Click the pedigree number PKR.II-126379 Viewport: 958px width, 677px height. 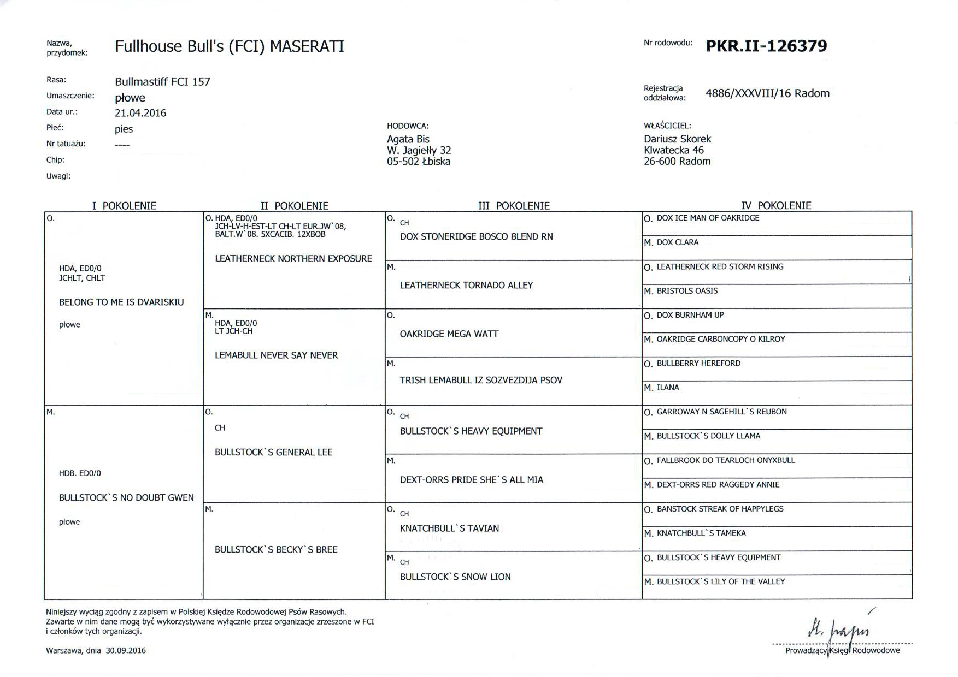766,46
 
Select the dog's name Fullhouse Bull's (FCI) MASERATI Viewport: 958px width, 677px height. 230,46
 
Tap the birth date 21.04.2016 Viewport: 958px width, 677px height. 140,113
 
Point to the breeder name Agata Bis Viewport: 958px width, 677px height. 408,139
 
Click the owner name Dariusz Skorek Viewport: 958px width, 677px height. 677,139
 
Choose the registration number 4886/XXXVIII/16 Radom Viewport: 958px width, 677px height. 767,93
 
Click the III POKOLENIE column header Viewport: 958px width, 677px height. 514,206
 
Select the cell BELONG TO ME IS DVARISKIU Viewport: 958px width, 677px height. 121,302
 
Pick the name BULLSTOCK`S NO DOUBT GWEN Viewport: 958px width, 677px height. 126,497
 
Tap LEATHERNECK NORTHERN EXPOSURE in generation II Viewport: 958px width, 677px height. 293,258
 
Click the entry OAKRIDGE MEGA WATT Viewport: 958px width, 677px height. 449,334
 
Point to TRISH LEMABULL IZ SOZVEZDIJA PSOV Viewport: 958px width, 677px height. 481,380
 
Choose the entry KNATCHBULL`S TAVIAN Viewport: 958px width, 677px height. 449,528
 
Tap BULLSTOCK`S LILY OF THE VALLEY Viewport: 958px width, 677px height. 720,581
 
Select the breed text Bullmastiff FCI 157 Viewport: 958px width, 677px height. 162,82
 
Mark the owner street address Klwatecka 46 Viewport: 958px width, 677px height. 674,150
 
